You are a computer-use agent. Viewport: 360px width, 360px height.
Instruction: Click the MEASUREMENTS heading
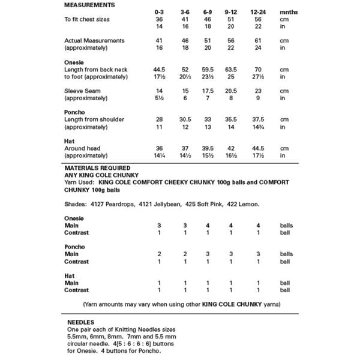tap(90, 5)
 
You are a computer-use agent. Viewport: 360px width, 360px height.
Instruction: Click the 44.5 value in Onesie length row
tap(159, 69)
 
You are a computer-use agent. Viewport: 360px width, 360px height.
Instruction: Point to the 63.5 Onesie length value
tap(230, 69)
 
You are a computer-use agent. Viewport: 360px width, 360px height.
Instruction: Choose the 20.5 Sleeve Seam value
tap(230, 91)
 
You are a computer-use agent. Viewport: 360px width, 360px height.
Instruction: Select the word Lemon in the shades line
tap(248, 204)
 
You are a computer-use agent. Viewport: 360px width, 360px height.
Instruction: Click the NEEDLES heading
tap(81, 322)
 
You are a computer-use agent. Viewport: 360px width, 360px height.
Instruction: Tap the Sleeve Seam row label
tap(83, 91)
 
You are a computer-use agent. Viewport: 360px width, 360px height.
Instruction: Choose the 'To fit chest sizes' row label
tap(88, 19)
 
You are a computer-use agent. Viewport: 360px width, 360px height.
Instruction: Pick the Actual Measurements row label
tap(94, 40)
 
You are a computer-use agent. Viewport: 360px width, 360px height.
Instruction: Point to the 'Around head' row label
tap(83, 148)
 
